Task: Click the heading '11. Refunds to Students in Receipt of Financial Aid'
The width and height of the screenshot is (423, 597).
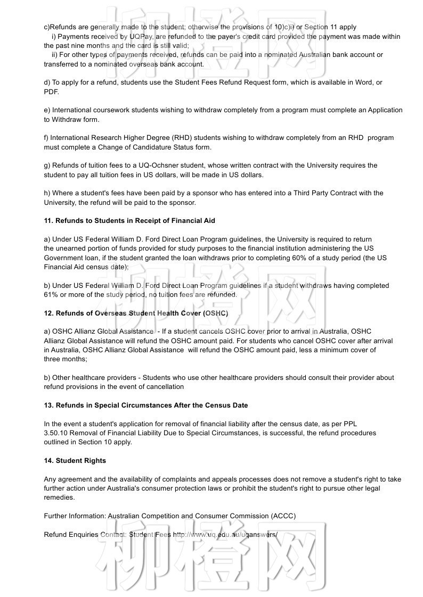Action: click(x=129, y=221)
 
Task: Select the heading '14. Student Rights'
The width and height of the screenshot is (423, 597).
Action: click(x=75, y=461)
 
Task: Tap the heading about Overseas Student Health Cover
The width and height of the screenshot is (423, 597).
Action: click(x=136, y=313)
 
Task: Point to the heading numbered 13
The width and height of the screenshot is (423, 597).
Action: click(x=145, y=405)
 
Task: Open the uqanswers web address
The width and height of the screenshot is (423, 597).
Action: click(x=225, y=534)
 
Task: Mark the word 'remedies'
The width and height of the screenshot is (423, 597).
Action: click(x=59, y=497)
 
